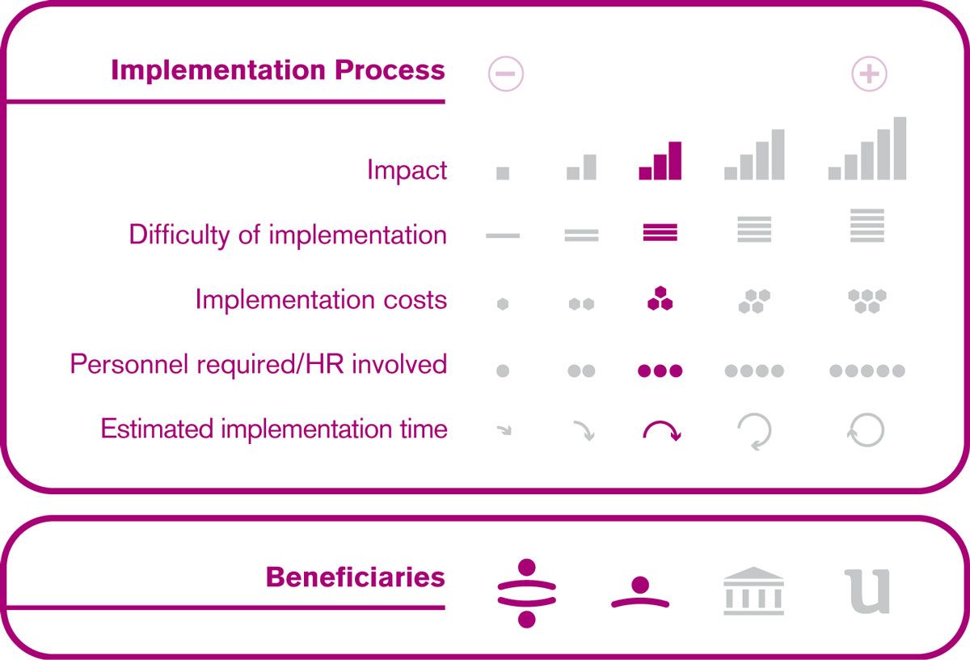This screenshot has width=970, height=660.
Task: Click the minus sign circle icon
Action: point(506,74)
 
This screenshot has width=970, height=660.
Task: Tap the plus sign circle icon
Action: point(869,74)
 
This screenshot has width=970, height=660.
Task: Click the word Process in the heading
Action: point(390,70)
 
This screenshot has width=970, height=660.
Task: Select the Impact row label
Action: point(407,169)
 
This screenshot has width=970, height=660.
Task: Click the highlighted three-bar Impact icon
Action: point(660,160)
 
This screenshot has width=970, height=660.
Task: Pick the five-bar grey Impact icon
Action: point(867,148)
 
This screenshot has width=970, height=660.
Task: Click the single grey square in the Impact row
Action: point(503,173)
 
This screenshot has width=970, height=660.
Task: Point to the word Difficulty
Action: point(179,235)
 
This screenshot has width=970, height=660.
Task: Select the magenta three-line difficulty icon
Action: point(660,232)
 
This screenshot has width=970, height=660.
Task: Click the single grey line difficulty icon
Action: point(503,235)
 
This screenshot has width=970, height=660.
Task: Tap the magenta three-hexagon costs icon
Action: point(660,298)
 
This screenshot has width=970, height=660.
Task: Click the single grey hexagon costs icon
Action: point(503,304)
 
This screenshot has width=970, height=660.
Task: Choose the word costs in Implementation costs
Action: point(415,299)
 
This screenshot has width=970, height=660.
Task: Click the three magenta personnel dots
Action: point(660,370)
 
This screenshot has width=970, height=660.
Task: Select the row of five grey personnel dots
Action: point(867,370)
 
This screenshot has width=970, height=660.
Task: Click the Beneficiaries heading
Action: point(356,577)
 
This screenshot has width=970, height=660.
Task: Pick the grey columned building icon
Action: point(753,590)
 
